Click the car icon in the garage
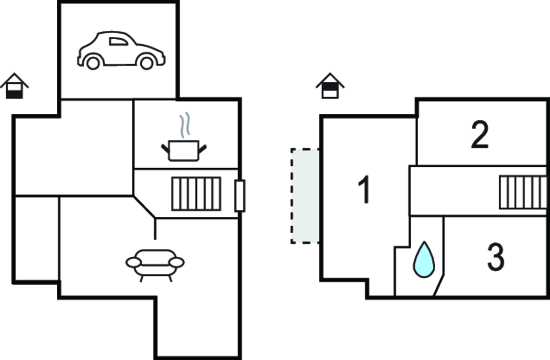pos(121,50)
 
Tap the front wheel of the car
pos(147,63)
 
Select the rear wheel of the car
pos(93,63)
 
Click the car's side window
pos(119,41)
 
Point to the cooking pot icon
pos(184,150)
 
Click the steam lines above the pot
pos(185,125)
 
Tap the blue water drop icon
pos(424,259)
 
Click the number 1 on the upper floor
pos(365,189)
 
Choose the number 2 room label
pos(479,135)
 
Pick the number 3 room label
pos(495,257)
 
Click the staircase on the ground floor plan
pos(196,194)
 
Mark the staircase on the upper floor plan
pos(523,192)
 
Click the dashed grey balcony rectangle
pos(305,196)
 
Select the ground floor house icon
pos(14,86)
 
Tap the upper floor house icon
pos(330,86)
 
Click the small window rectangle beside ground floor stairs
pos(239,195)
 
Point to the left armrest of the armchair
pos(134,262)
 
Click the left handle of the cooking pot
pos(165,148)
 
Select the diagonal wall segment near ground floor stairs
pos(144,207)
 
